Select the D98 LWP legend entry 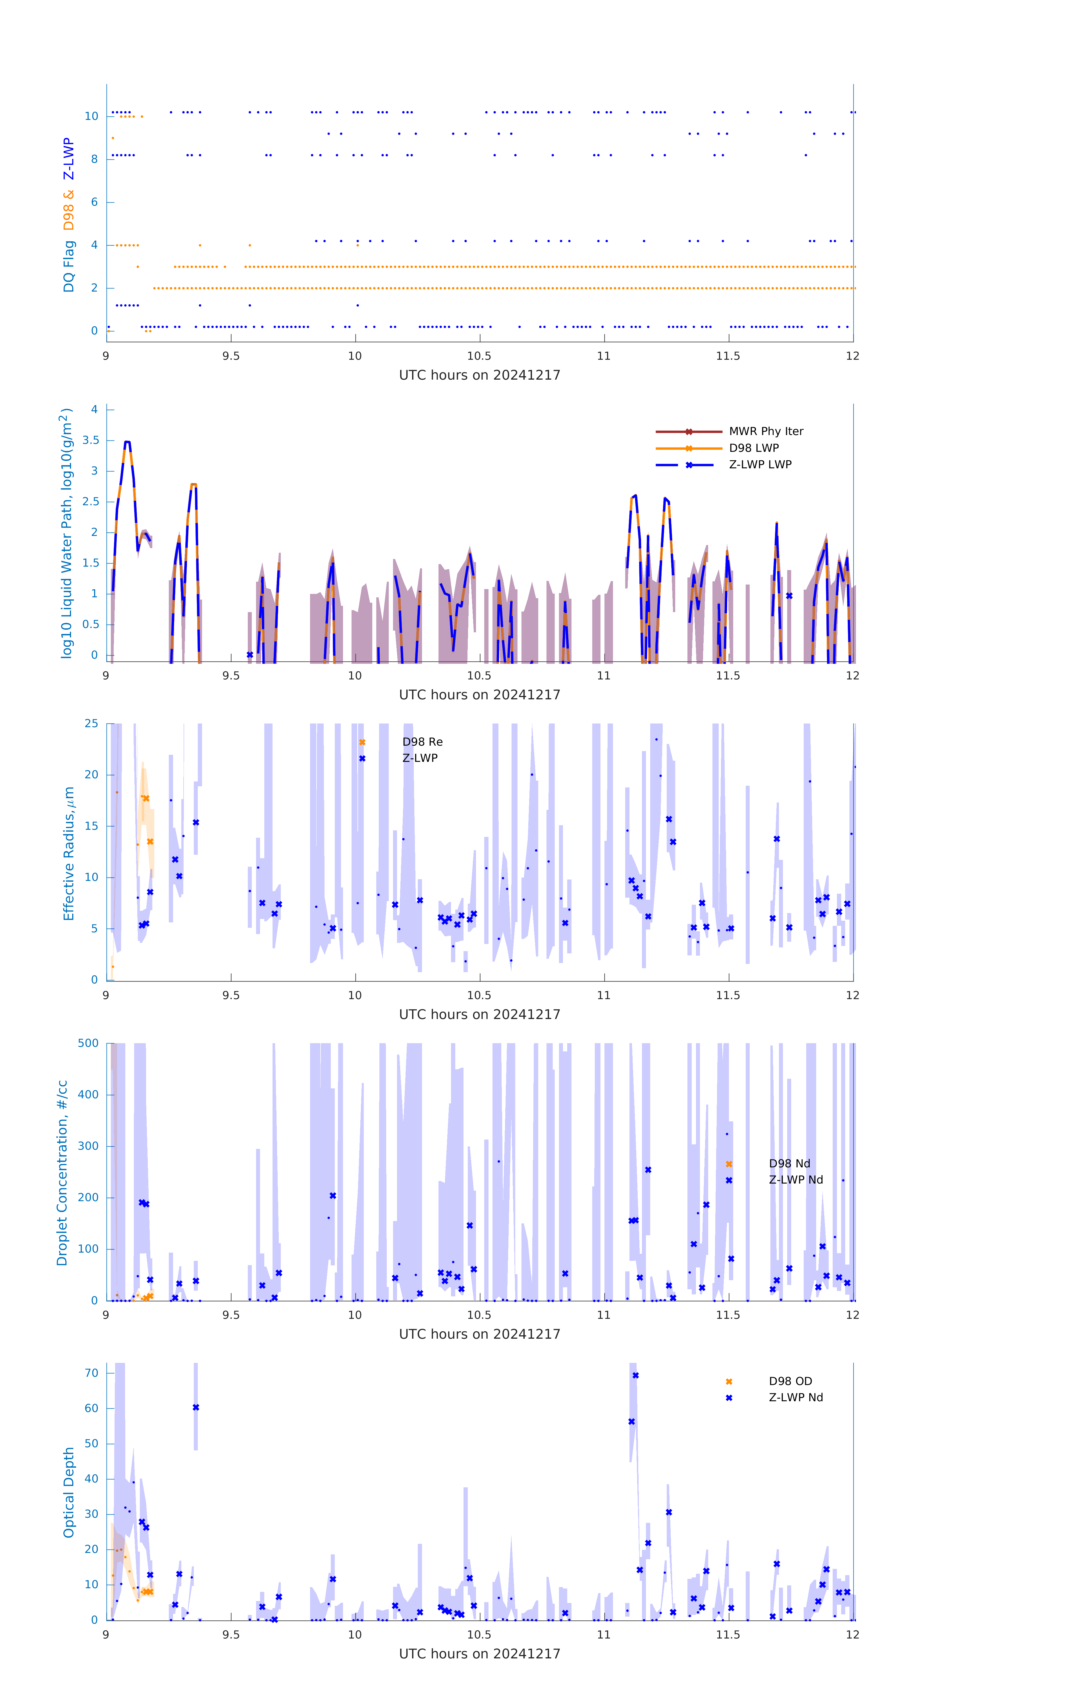(753, 448)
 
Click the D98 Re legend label (422, 742)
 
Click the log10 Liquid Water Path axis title (66, 533)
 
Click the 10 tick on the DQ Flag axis (91, 116)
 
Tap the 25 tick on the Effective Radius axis (91, 724)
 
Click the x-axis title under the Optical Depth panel (479, 1654)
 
